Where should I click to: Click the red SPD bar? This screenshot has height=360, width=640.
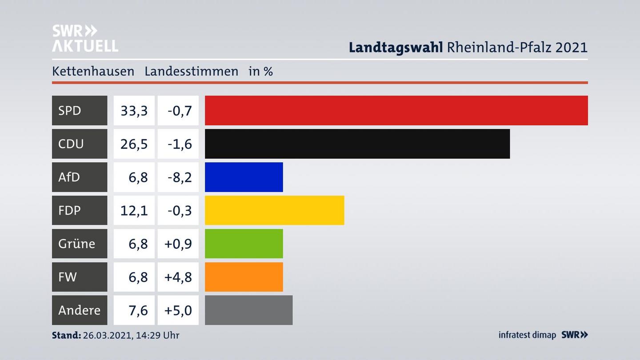coord(396,110)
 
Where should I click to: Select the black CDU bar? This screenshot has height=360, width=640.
coord(357,144)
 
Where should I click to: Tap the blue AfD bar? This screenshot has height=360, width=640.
coord(244,177)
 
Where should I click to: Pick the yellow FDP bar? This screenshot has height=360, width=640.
coord(274,210)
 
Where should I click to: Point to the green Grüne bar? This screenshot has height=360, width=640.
coord(244,244)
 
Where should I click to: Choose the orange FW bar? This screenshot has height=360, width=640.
coord(244,277)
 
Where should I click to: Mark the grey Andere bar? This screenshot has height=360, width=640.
coord(248,310)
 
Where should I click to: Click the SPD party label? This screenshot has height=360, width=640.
coord(70,110)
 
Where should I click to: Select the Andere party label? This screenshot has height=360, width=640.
coord(79,310)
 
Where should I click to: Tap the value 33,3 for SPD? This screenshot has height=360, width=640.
coord(134,110)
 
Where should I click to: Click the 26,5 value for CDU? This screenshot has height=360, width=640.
coord(134,144)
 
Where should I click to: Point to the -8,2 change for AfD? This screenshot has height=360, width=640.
coord(180,177)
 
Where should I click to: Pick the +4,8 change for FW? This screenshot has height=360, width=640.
coord(178,277)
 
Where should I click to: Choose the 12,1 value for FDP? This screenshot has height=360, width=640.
coord(134,210)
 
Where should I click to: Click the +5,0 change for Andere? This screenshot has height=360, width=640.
coord(178,310)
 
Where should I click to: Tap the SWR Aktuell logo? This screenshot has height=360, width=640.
coord(85,38)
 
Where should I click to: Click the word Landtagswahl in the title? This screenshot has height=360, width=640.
coord(395,47)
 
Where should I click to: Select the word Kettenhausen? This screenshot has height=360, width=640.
coord(93,71)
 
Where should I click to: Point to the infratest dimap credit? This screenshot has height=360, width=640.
coord(527,335)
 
